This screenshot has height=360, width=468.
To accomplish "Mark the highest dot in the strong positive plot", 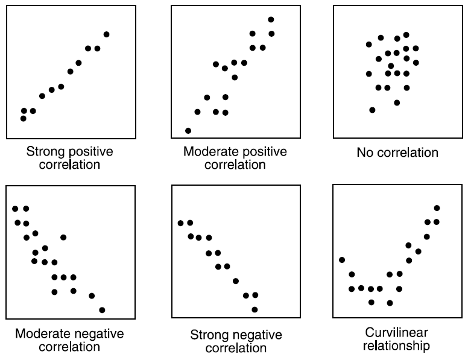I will coord(107,34).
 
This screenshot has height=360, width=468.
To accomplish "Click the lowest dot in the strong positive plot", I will coord(24,118).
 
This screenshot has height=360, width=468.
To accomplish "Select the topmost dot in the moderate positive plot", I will coord(271,20).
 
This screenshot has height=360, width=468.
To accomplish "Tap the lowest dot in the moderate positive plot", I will coord(188,130).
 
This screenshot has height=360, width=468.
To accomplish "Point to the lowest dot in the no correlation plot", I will coord(372,110).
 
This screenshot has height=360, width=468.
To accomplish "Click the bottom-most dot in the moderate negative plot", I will coord(102,310).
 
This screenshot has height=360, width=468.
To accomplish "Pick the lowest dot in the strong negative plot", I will coord(255,309).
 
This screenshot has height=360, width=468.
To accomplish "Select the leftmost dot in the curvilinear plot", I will coord(342,260).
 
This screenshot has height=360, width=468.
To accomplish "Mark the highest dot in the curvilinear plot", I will coord(437,208).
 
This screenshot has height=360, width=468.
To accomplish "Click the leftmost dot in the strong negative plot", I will coord(180,223).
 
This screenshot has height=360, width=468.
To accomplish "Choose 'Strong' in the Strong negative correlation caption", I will coord(210,335).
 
